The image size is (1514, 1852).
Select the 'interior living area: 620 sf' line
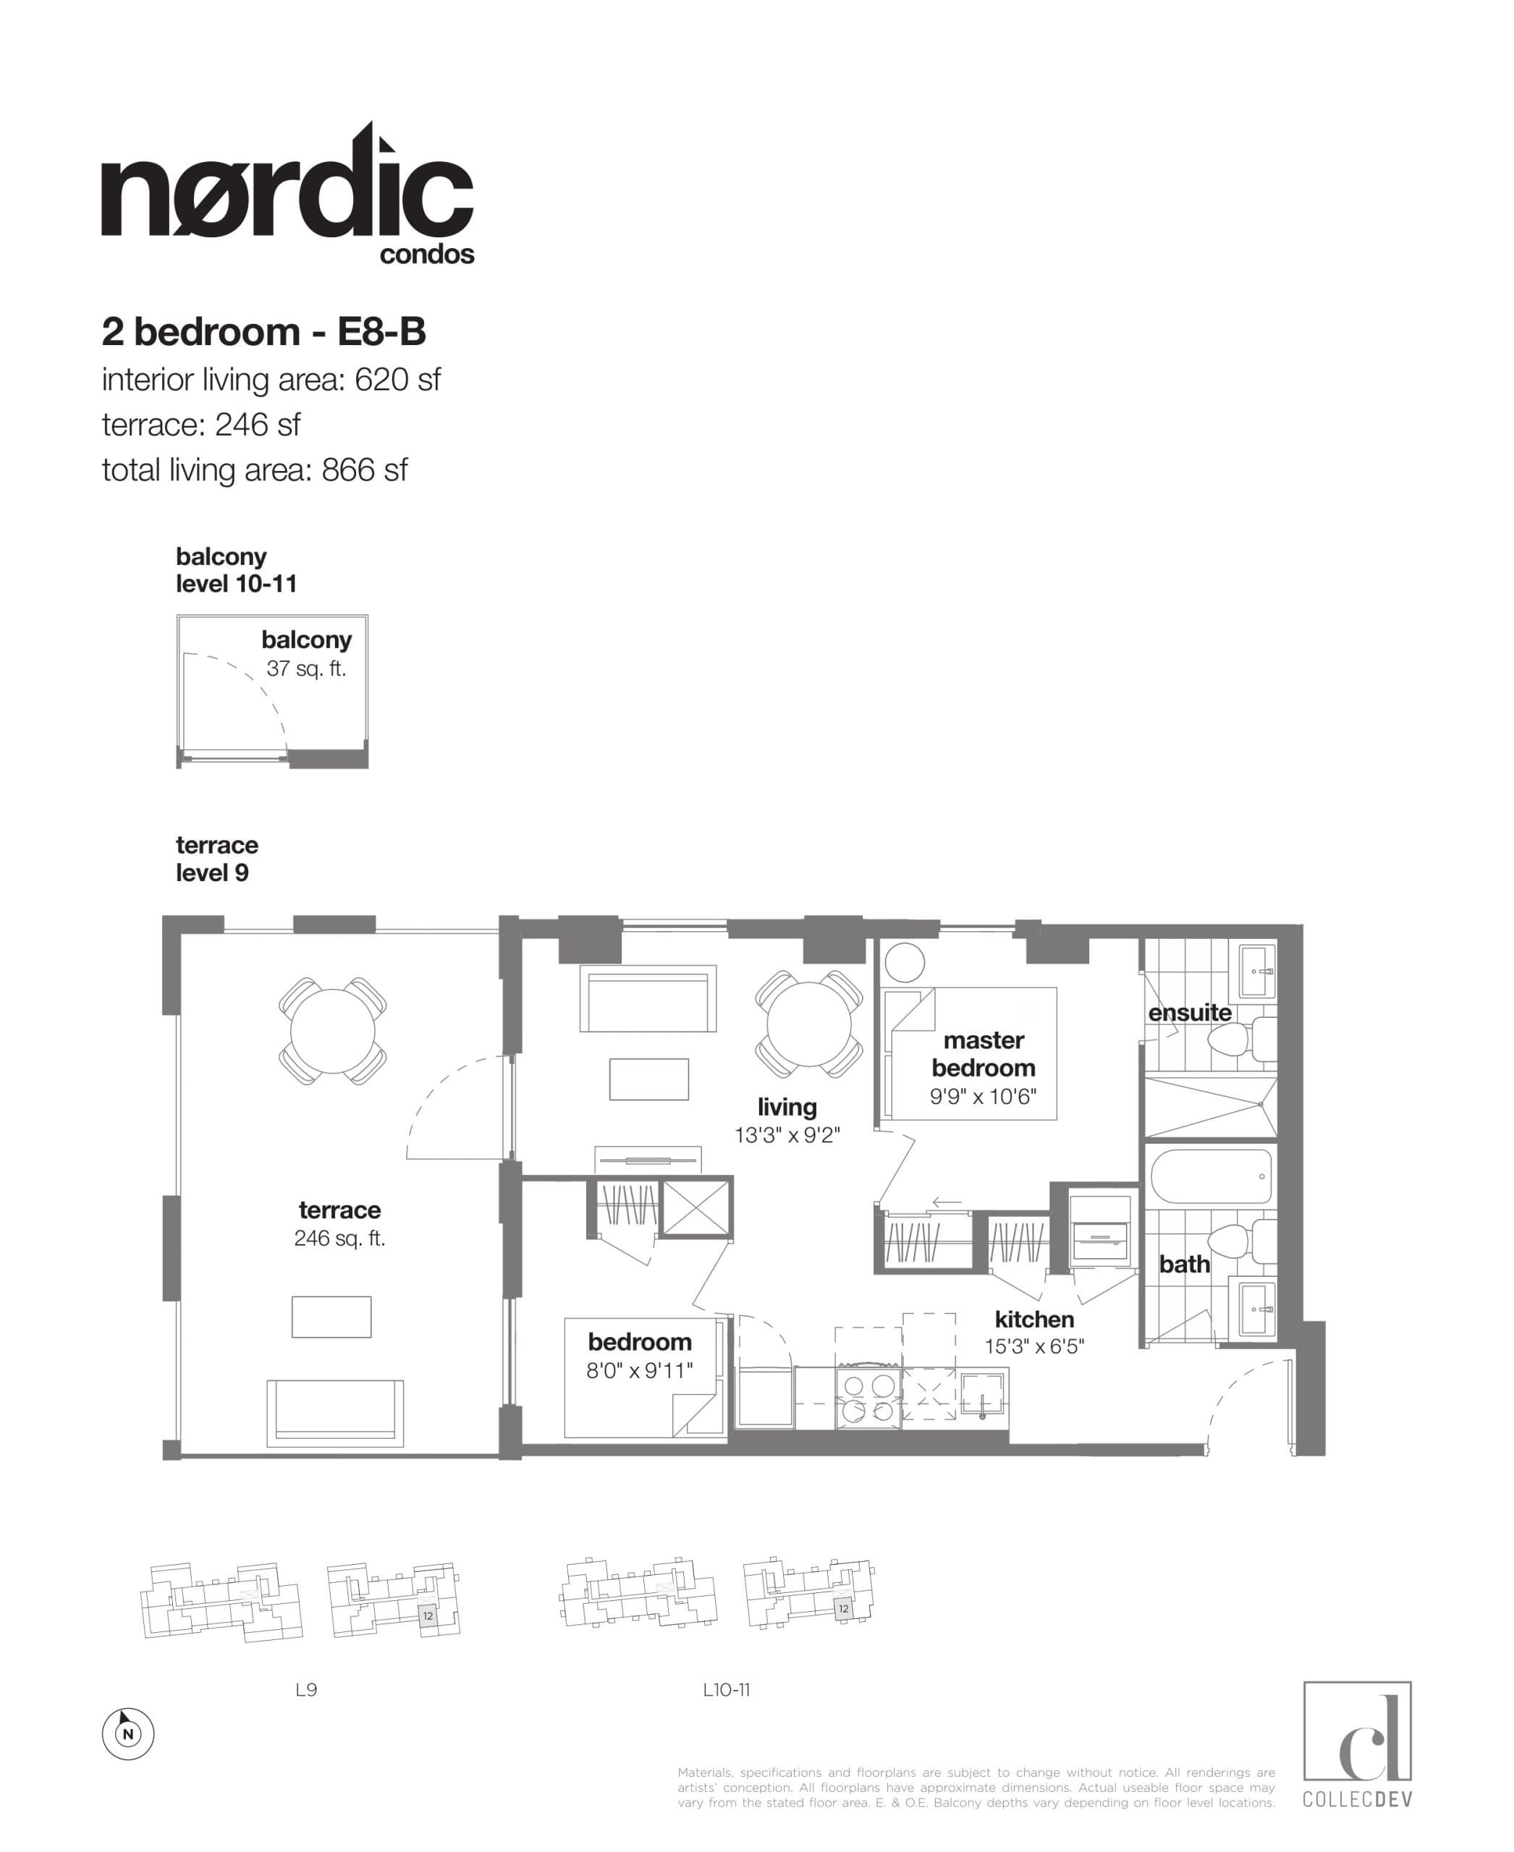[271, 380]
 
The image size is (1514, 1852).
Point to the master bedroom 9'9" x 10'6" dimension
[983, 1097]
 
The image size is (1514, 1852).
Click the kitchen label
[1034, 1320]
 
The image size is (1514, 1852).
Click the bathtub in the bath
[1211, 1176]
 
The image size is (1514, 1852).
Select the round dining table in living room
[808, 1024]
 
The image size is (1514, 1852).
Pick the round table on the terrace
[332, 1031]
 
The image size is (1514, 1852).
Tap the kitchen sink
[984, 1393]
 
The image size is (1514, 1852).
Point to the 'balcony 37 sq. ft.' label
[306, 654]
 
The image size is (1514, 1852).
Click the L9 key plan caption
[306, 1690]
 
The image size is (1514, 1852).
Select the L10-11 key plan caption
[727, 1690]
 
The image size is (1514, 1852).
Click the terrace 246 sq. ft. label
[339, 1223]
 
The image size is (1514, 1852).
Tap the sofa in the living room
[648, 999]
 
